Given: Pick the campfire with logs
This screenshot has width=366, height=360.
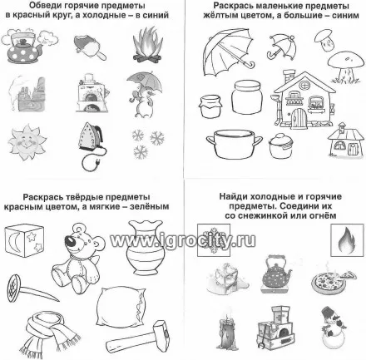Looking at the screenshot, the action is (x=147, y=44).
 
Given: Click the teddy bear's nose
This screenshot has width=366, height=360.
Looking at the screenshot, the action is (x=69, y=240).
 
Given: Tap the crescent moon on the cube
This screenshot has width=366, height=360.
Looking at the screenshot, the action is (x=13, y=240).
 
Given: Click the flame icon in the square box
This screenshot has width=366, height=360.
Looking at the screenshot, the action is (x=347, y=239).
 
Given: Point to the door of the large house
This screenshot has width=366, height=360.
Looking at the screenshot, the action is (x=299, y=120).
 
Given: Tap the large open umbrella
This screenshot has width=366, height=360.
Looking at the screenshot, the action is (x=228, y=52).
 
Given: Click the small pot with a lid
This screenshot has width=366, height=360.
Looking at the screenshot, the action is (x=280, y=145).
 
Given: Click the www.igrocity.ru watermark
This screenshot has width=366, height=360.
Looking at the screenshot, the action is (x=183, y=240).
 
